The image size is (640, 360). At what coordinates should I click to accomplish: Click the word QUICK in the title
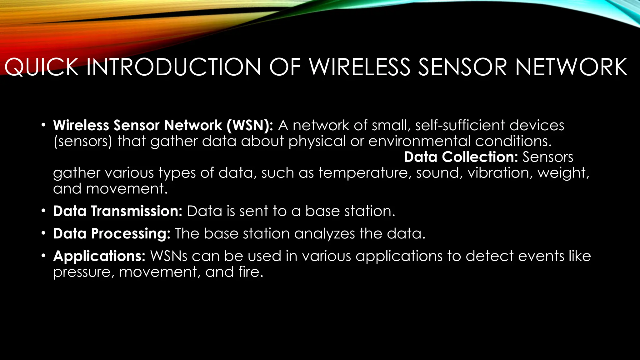point(41,67)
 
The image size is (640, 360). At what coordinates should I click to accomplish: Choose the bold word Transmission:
point(137,211)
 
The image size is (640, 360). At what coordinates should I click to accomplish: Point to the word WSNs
point(169,256)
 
